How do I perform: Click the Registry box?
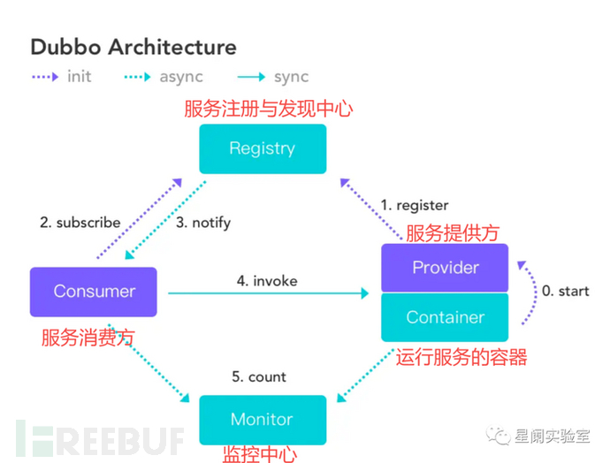[x=263, y=148]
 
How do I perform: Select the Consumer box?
[x=94, y=292]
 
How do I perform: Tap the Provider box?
[x=446, y=268]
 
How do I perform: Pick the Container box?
[x=446, y=317]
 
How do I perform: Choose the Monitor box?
[x=262, y=420]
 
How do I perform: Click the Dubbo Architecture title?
[x=133, y=47]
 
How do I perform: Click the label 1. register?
[x=415, y=205]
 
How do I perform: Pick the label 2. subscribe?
[x=80, y=223]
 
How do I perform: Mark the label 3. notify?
[x=203, y=223]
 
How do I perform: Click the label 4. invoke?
[x=267, y=281]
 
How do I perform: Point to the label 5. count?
[x=259, y=376]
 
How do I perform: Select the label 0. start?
[x=565, y=291]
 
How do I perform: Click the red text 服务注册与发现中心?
[x=268, y=110]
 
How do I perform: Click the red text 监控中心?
[x=259, y=454]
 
